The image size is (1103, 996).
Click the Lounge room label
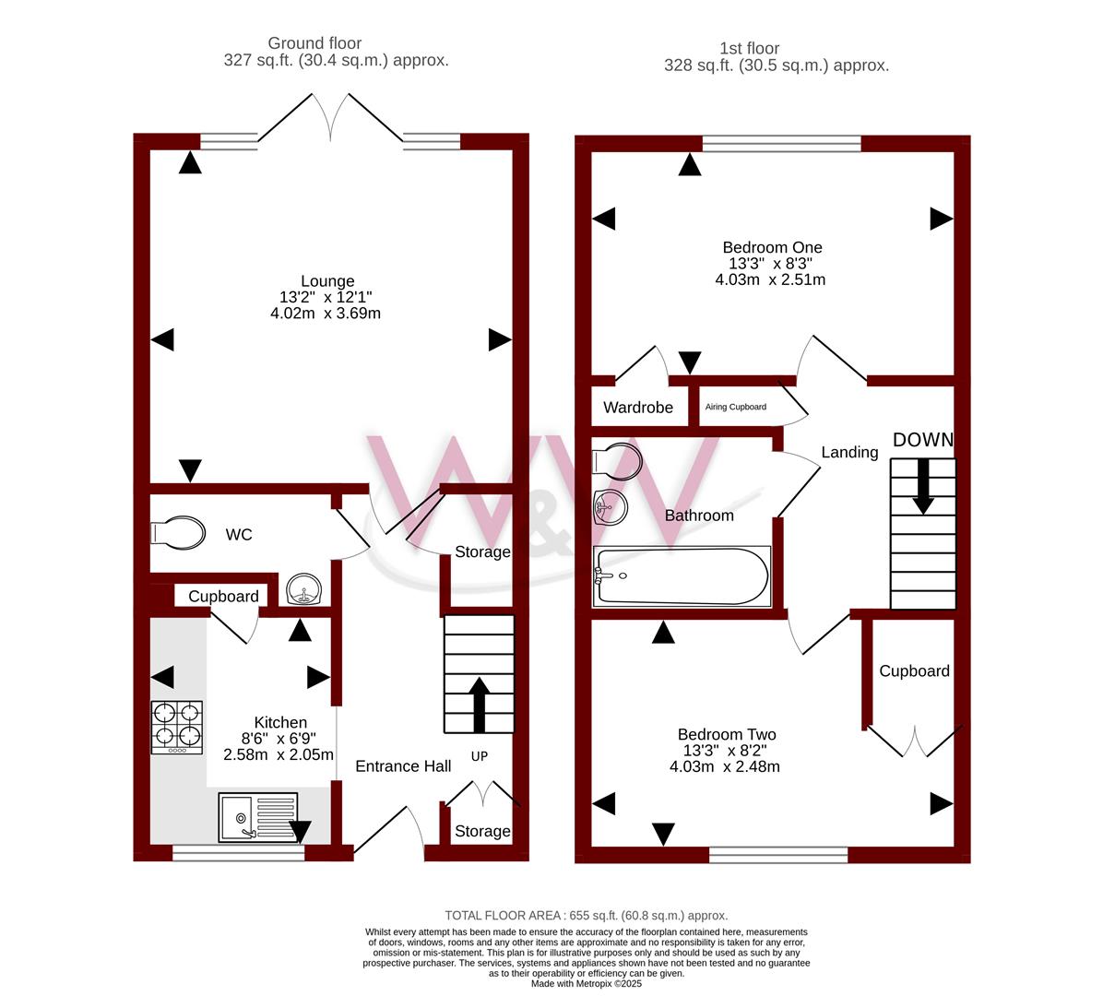(x=327, y=281)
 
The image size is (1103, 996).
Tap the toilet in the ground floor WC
(x=178, y=532)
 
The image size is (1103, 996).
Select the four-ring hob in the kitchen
(x=177, y=728)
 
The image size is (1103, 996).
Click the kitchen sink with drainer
(x=258, y=817)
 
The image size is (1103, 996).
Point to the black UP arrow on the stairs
(x=479, y=705)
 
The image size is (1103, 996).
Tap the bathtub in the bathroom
(x=682, y=576)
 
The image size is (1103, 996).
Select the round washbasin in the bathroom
(x=610, y=507)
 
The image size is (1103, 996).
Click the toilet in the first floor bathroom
(x=617, y=461)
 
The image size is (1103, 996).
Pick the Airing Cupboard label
(x=736, y=407)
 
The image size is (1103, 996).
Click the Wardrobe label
(x=638, y=408)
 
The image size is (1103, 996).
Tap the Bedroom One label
(x=773, y=247)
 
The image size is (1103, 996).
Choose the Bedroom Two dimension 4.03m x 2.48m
(x=725, y=766)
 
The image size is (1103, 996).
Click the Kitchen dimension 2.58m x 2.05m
(x=279, y=754)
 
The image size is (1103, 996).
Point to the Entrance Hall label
(x=403, y=766)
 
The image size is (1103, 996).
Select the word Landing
(x=849, y=452)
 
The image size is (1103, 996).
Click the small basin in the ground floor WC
(x=304, y=588)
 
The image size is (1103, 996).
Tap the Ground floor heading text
(x=314, y=43)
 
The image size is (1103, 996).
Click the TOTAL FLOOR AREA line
(x=586, y=915)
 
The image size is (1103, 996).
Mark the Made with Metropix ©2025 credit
(x=586, y=983)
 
